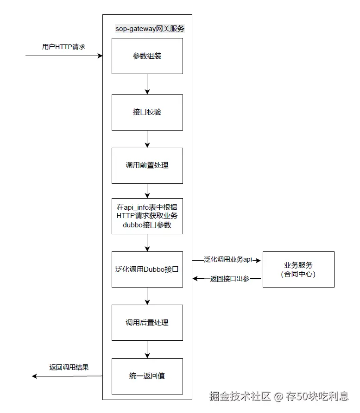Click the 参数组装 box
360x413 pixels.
[147, 56]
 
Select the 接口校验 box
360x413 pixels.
[147, 112]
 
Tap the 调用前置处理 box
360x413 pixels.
[147, 165]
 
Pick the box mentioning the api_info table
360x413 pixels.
[147, 216]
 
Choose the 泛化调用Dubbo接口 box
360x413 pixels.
[147, 269]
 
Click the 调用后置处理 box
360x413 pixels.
[147, 322]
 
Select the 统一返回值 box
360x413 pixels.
[147, 375]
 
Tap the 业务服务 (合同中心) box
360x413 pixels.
[298, 269]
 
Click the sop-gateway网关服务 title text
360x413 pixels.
[150, 28]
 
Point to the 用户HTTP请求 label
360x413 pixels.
[63, 47]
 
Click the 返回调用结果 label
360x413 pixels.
[69, 367]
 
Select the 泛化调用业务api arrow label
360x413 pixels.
[228, 260]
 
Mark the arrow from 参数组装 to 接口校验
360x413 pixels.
[147, 84]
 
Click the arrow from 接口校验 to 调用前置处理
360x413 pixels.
[147, 139]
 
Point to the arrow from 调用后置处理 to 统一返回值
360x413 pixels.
[147, 349]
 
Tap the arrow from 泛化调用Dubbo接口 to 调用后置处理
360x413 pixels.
[147, 296]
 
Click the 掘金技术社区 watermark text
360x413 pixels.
[240, 396]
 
